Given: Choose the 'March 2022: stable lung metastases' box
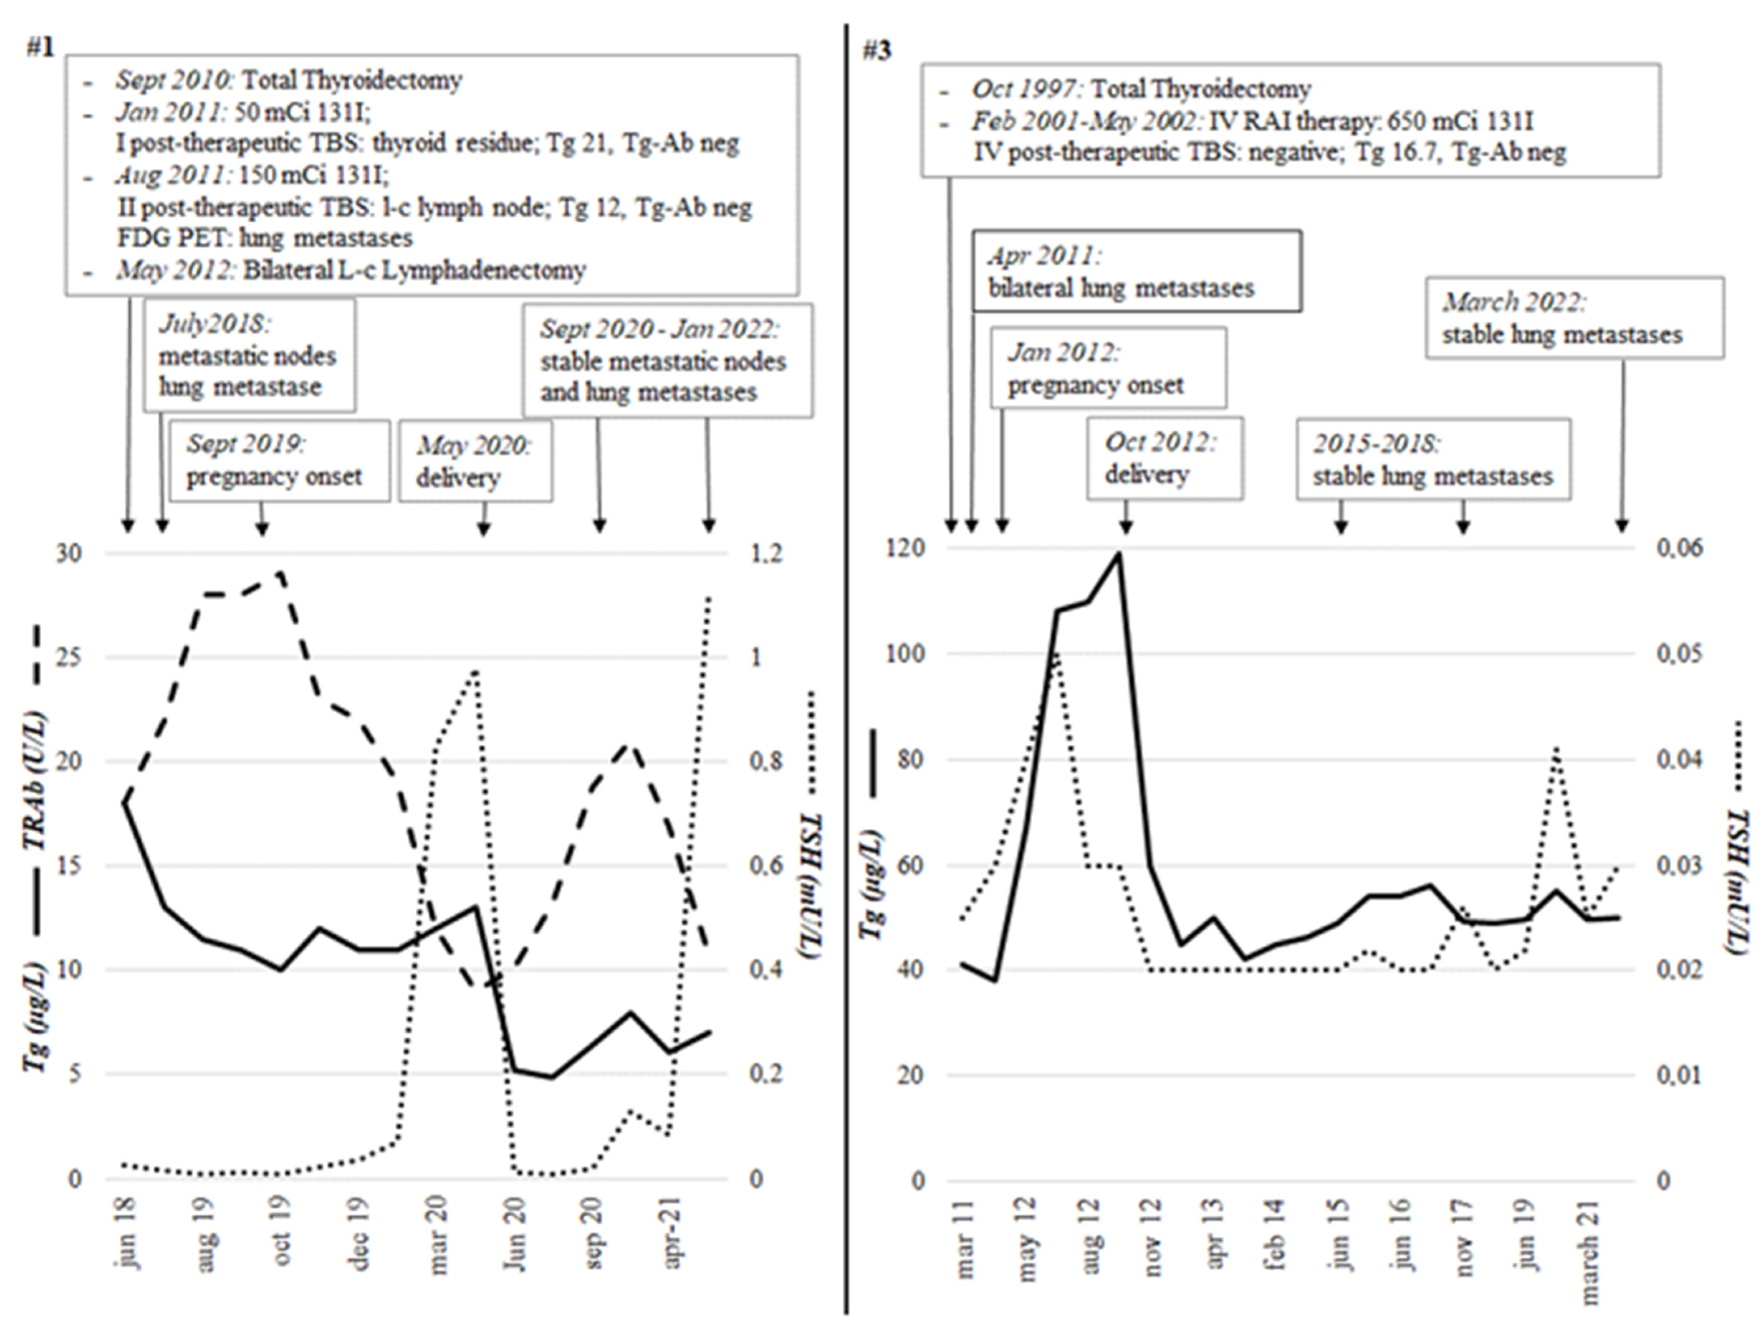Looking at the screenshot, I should pyautogui.click(x=1574, y=318).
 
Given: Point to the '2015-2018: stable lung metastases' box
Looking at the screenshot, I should pyautogui.click(x=1433, y=459).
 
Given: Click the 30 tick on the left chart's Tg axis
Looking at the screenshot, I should pyautogui.click(x=69, y=553).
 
